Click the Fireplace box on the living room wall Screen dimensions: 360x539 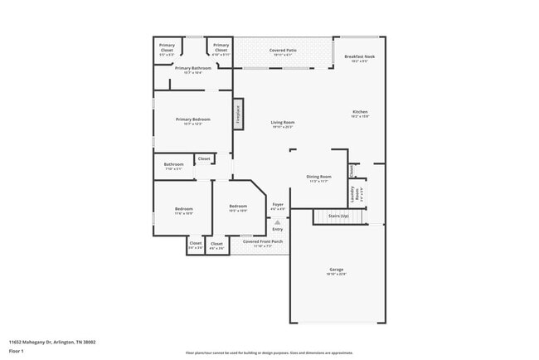point(238,114)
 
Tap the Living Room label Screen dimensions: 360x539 point(283,123)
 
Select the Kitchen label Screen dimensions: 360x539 point(360,112)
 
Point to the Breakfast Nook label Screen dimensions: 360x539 point(360,56)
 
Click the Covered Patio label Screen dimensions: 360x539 point(283,51)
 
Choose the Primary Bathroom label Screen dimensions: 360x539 point(192,68)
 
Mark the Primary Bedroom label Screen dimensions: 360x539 point(192,119)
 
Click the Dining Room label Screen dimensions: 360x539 point(318,177)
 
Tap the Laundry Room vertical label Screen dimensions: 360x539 point(354,194)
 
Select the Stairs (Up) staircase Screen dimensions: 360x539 point(338,216)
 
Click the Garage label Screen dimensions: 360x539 point(336,270)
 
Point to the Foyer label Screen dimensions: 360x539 point(278,204)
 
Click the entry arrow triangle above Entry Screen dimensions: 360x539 point(278,222)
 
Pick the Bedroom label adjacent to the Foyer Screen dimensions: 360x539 point(238,206)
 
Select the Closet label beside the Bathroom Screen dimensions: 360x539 point(203,158)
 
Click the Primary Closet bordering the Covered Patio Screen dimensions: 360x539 point(221,46)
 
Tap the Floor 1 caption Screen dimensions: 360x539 point(17,351)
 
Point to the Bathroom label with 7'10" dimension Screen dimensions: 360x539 point(173,165)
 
